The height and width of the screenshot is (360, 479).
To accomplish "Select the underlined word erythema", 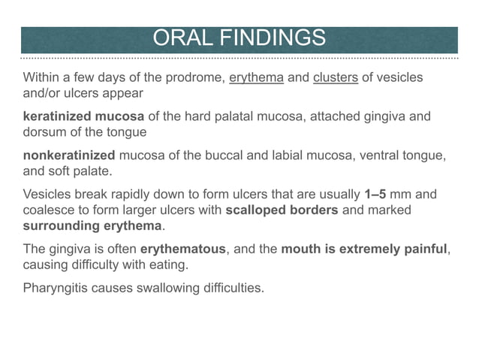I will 256,77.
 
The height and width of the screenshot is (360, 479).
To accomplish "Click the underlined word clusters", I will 335,77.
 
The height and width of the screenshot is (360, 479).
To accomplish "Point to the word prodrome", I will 192,77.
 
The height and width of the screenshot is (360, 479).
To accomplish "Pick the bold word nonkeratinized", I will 69,156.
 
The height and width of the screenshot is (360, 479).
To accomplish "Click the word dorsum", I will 44,132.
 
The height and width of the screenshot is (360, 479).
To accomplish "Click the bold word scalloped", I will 258,210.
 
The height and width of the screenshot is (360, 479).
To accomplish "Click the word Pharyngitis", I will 59,289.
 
